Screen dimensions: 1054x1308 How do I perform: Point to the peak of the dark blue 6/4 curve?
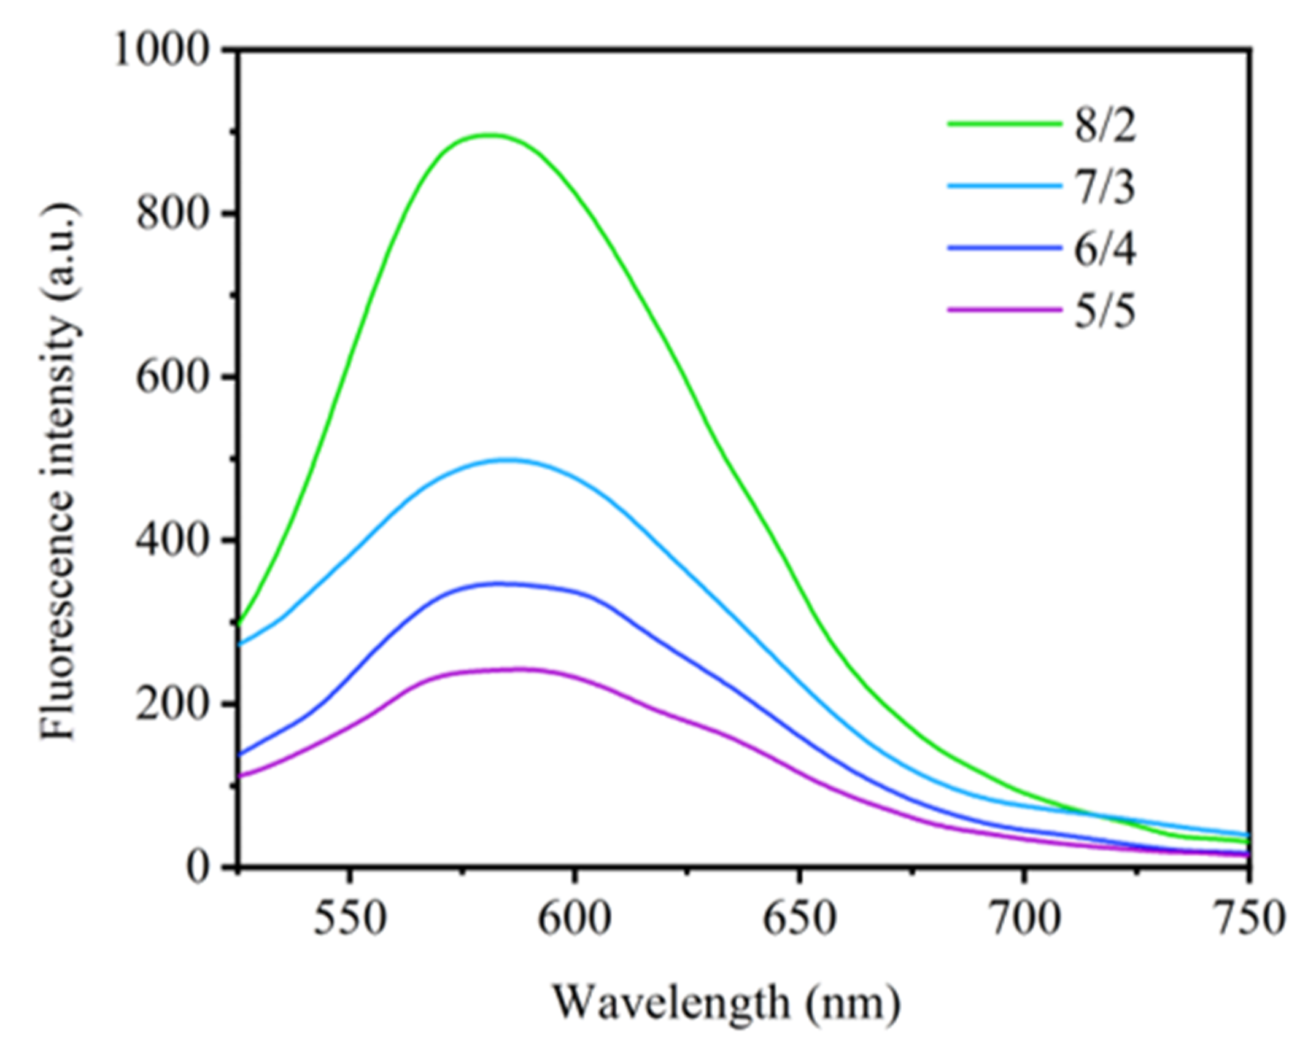tap(498, 583)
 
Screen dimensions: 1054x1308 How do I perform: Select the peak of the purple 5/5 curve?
tap(522, 668)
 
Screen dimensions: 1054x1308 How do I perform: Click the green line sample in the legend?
tap(1004, 123)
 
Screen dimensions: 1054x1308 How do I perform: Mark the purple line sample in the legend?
tap(1004, 309)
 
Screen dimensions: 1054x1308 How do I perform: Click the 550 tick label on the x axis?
tap(349, 918)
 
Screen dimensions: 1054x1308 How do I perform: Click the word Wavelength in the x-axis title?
tap(671, 1002)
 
